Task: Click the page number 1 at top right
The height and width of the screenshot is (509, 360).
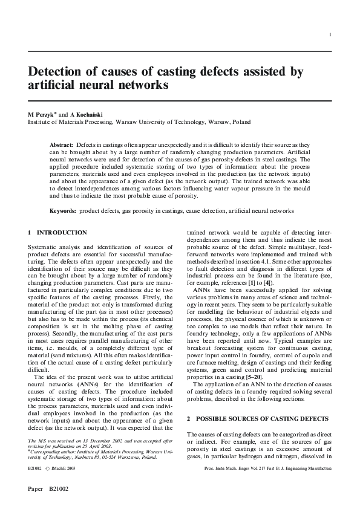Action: click(330, 35)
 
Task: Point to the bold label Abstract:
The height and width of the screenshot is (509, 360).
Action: click(61, 146)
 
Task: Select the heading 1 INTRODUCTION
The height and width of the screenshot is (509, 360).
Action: click(57, 233)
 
